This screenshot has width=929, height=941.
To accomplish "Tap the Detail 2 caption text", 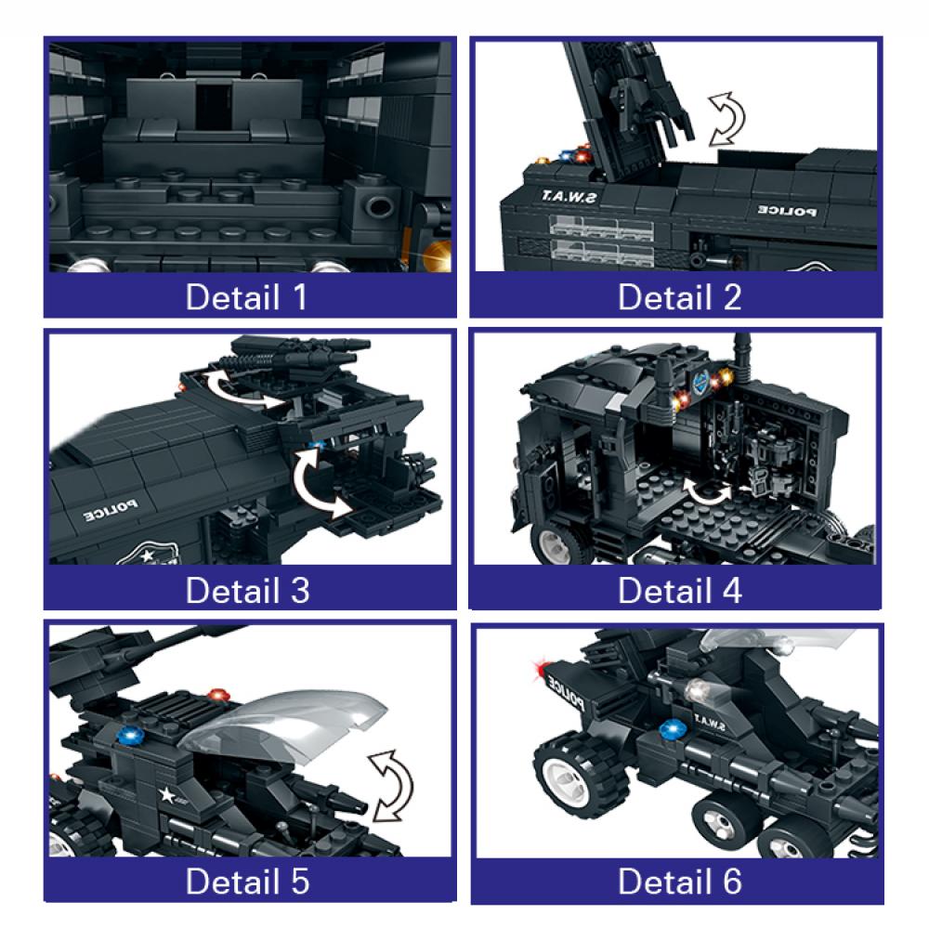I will [680, 298].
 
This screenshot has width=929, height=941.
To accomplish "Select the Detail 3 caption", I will [247, 590].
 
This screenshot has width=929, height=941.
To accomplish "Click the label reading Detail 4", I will [680, 590].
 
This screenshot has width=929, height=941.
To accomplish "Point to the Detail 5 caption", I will [247, 882].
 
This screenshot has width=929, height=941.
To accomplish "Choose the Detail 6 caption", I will [680, 882].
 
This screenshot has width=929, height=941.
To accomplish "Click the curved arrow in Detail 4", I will [711, 492].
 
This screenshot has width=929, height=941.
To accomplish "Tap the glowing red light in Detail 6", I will [538, 669].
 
